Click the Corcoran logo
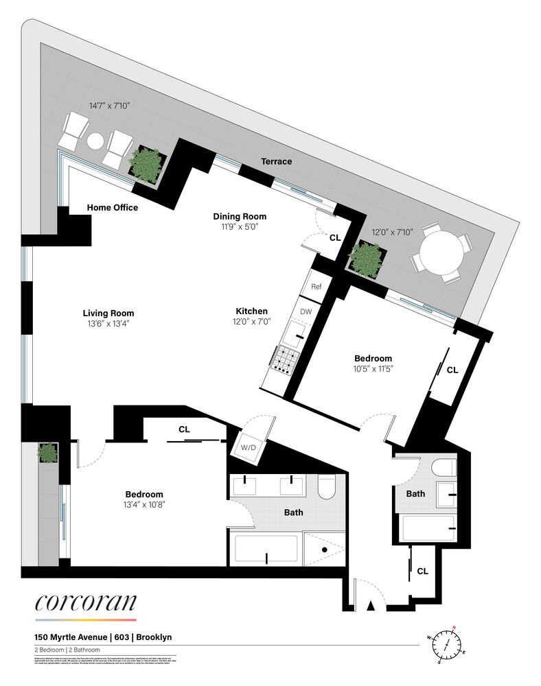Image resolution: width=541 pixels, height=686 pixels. (86, 603)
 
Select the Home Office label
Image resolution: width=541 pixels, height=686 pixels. (113, 208)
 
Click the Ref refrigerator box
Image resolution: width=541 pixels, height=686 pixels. (316, 287)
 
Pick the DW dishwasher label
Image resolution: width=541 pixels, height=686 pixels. (306, 312)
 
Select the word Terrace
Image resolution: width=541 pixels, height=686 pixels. (276, 161)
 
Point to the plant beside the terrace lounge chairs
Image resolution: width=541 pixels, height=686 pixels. (146, 163)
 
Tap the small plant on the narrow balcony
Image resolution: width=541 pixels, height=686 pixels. (47, 453)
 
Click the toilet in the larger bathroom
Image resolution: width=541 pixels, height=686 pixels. (326, 486)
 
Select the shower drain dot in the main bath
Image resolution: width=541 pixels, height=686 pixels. (324, 550)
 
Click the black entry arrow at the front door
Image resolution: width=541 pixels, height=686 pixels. (371, 605)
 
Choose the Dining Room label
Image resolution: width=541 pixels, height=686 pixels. (235, 216)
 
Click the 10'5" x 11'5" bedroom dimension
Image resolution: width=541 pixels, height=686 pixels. (373, 368)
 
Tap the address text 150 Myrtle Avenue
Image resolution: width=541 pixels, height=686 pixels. (74, 637)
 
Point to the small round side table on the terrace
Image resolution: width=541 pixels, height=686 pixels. (95, 141)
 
